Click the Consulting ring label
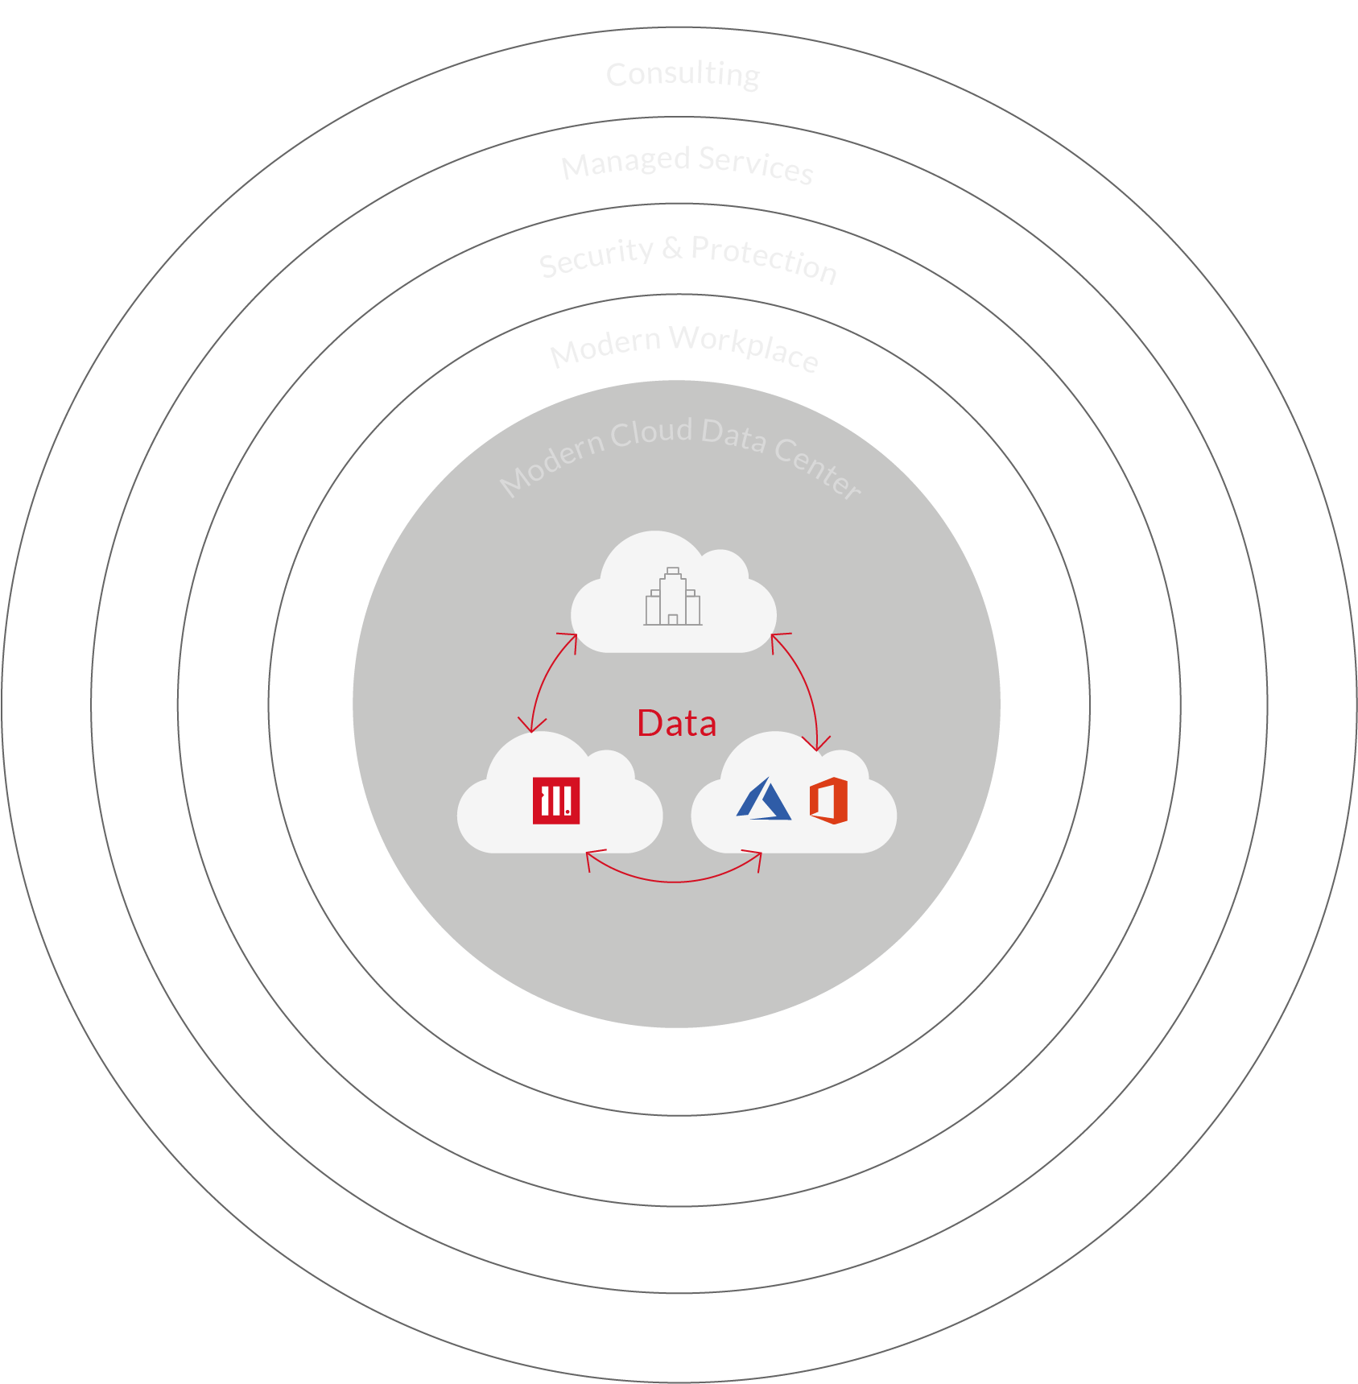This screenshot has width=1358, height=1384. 683,75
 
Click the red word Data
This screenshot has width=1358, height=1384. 676,723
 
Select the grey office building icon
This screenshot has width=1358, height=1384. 673,597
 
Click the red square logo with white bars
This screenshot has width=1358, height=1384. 556,800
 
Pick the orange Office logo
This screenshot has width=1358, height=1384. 828,800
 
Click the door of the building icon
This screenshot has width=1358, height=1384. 673,619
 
